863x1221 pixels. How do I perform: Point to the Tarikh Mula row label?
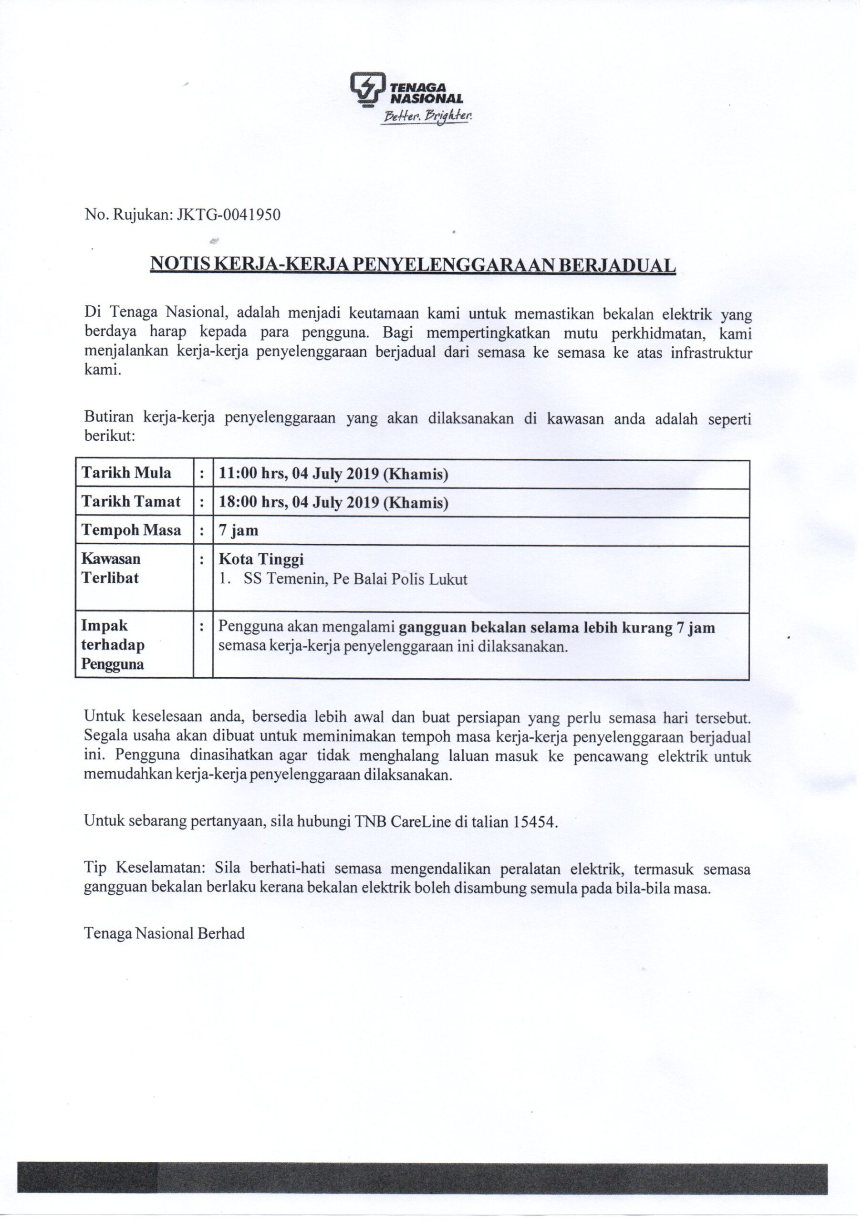126,473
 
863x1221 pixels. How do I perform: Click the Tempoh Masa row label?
131,530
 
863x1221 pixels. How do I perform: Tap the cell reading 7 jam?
239,530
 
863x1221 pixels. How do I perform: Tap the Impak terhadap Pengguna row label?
113,644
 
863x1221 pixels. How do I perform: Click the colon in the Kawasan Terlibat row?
202,559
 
